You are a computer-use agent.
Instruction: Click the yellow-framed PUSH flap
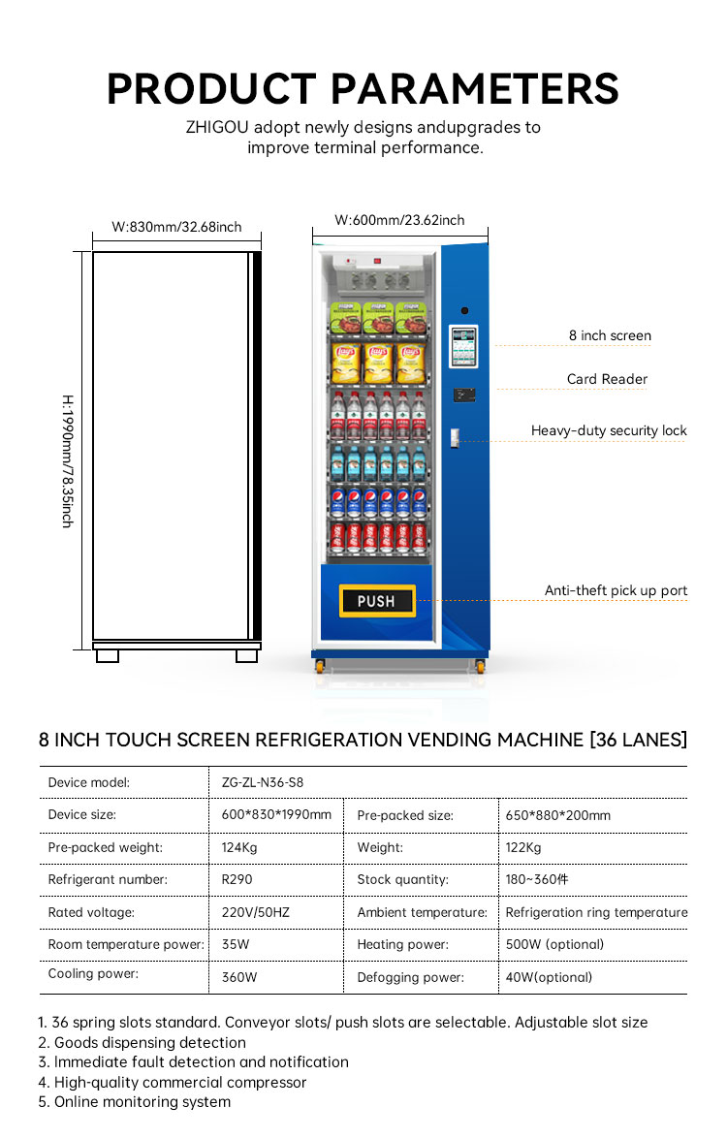376,601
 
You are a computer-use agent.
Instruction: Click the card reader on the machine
463,395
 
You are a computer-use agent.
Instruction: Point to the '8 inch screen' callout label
610,335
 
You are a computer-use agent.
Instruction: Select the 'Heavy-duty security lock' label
609,430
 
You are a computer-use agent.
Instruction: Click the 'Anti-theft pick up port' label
616,590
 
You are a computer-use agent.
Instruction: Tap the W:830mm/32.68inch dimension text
176,227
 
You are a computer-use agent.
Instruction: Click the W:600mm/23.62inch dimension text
399,220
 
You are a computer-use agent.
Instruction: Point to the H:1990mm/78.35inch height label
67,460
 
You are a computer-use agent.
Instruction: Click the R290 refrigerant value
237,879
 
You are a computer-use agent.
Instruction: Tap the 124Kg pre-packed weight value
239,847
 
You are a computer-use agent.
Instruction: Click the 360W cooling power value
239,977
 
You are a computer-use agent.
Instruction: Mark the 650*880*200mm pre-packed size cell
557,815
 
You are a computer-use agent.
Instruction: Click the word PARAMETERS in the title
475,89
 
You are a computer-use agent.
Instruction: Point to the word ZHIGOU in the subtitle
217,127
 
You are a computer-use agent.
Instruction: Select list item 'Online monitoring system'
142,1101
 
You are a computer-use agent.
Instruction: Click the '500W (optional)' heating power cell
554,944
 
